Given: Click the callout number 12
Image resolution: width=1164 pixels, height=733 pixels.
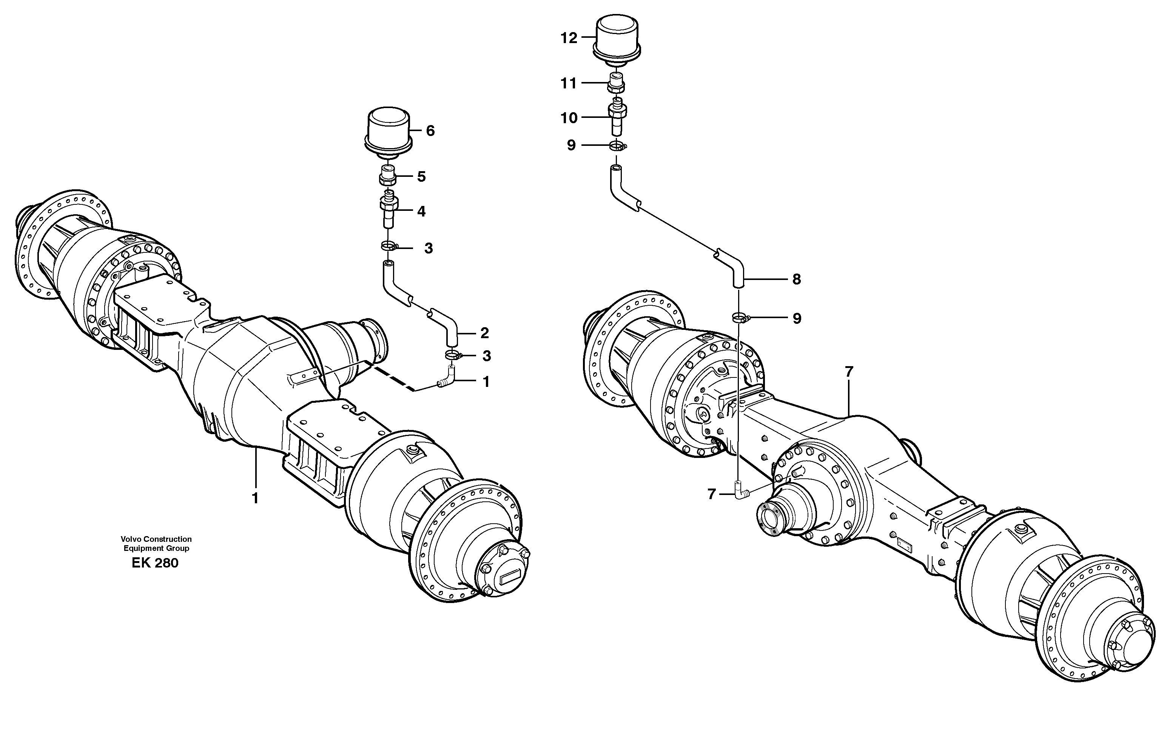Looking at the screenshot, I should tap(569, 38).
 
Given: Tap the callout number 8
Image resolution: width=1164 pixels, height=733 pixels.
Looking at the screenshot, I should tap(796, 279).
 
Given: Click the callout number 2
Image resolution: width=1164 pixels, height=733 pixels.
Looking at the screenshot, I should tap(484, 333).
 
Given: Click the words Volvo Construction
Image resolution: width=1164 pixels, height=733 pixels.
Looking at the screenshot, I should tap(156, 539).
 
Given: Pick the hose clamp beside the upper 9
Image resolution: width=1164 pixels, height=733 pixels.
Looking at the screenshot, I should tap(617, 145).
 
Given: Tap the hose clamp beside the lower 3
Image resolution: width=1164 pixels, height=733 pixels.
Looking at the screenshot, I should tap(452, 356).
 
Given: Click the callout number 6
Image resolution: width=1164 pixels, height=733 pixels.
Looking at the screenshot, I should tap(430, 131).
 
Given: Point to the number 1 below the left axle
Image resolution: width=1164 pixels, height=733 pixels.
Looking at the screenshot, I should tap(255, 498).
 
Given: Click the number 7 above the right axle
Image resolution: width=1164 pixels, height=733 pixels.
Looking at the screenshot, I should tap(849, 371).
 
